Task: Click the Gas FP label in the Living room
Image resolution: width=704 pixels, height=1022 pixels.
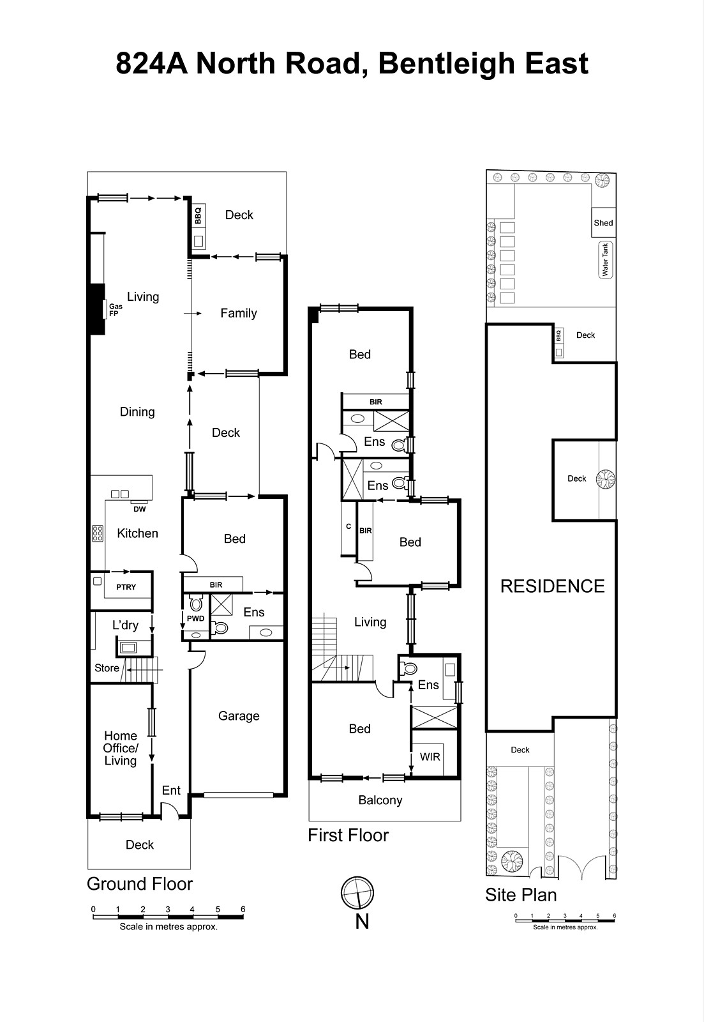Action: [114, 310]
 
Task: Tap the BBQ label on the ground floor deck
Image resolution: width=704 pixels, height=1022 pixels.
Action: [198, 215]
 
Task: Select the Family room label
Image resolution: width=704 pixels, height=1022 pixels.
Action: [238, 313]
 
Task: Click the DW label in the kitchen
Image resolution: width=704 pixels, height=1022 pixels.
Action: [139, 509]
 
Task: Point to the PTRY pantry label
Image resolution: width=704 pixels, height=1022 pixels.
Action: [126, 587]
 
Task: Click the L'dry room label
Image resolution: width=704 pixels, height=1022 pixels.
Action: [125, 625]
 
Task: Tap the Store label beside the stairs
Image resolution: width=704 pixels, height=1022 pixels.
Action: [107, 668]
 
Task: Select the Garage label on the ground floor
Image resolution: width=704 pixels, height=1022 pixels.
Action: [239, 716]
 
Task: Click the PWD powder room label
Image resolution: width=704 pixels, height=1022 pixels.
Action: [195, 618]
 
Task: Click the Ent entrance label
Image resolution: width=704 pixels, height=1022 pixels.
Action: [171, 790]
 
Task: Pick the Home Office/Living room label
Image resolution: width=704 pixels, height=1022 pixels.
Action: [121, 748]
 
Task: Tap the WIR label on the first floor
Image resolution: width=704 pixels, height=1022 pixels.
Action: [430, 757]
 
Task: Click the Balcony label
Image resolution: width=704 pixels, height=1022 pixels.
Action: [380, 800]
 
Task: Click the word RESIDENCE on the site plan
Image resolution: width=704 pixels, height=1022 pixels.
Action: [552, 586]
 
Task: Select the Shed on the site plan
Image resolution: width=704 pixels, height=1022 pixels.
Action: [603, 223]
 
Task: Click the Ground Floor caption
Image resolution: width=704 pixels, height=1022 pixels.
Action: [140, 884]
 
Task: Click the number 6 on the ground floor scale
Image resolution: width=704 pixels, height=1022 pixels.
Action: [243, 909]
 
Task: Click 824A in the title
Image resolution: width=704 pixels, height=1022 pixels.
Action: [152, 64]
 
